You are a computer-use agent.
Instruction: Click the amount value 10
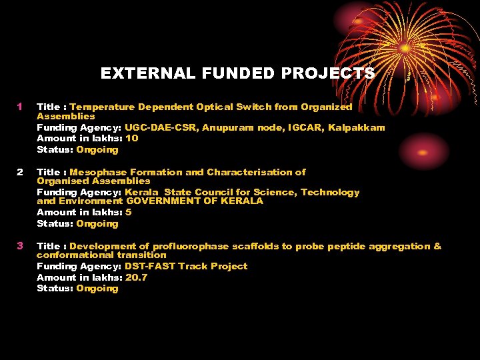[131, 138]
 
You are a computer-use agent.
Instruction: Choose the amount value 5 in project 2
[128, 212]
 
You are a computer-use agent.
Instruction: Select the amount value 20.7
[137, 277]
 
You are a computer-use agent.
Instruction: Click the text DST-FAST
[151, 266]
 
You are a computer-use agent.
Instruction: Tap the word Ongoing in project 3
[97, 288]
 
